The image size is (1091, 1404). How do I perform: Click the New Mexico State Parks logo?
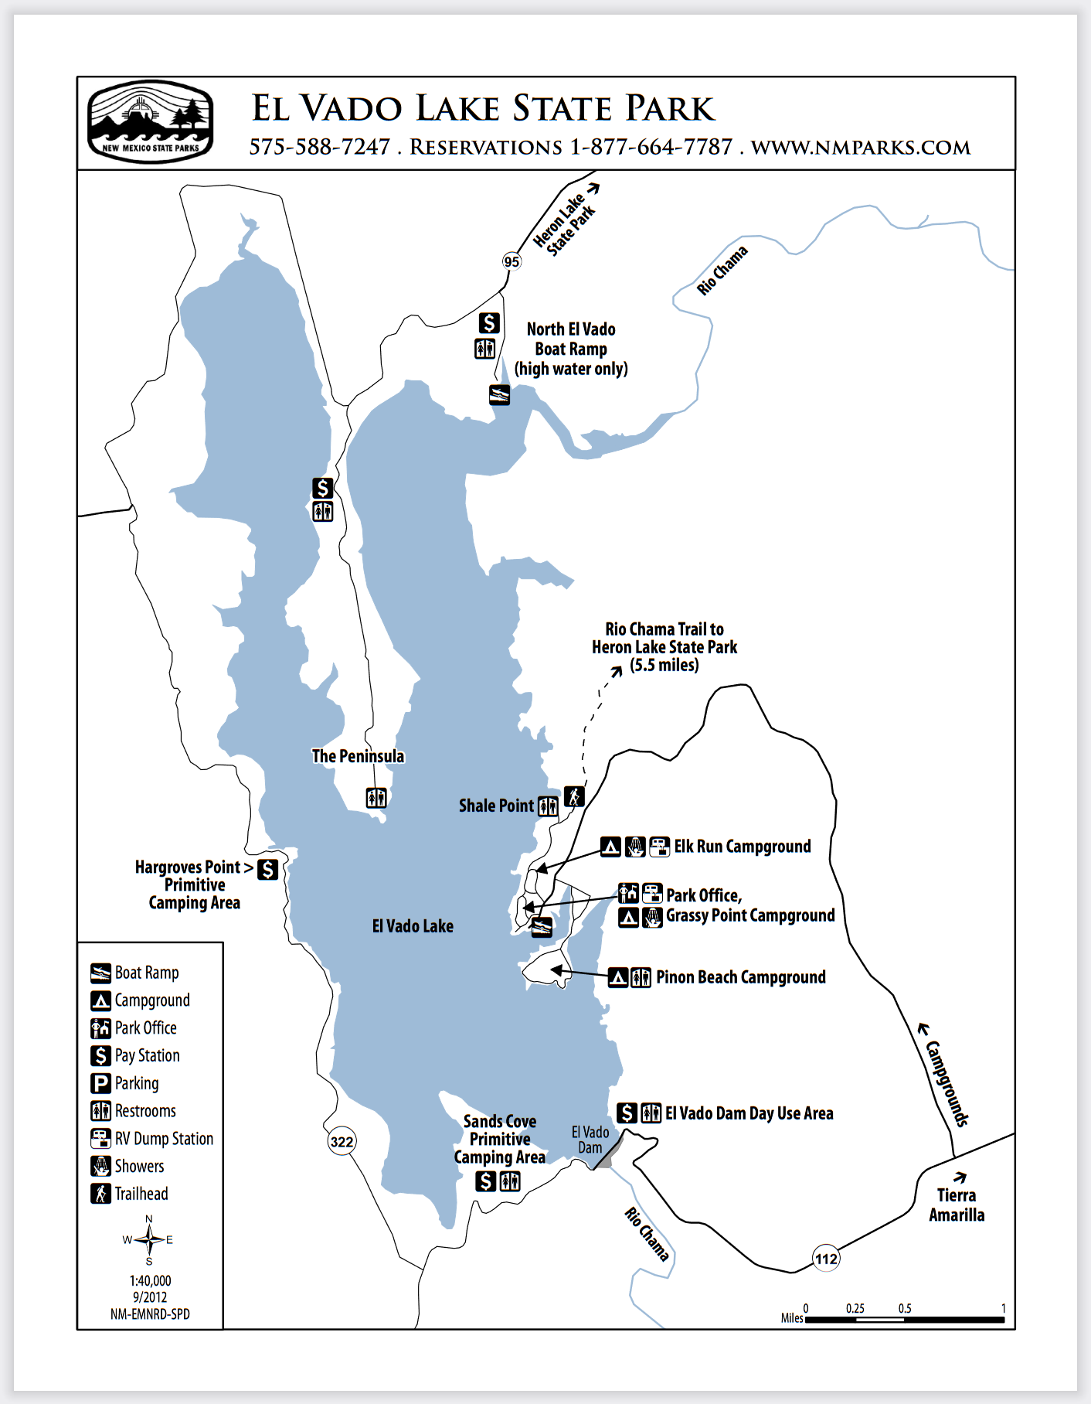click(x=150, y=122)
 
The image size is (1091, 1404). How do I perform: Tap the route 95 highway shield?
click(x=512, y=261)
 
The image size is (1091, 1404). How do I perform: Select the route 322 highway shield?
click(x=342, y=1141)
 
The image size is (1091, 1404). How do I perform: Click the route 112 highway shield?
click(x=826, y=1259)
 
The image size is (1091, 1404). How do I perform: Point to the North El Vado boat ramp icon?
click(x=500, y=395)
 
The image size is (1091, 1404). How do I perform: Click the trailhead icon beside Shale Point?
click(x=574, y=796)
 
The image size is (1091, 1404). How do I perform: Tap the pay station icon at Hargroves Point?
click(x=267, y=869)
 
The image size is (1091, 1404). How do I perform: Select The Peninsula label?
click(x=358, y=756)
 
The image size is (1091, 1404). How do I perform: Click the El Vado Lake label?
click(x=413, y=926)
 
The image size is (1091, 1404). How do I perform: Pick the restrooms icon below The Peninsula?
click(x=376, y=797)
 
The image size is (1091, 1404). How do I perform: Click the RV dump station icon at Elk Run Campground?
click(x=659, y=847)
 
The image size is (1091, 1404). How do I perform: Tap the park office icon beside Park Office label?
click(x=628, y=894)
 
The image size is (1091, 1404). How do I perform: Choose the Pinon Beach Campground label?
click(x=740, y=977)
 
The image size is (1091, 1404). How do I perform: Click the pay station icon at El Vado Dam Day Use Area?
click(x=627, y=1113)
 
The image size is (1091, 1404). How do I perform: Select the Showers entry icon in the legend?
click(x=100, y=1166)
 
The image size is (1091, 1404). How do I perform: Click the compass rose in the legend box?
click(x=149, y=1240)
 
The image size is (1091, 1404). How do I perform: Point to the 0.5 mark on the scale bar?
click(x=905, y=1319)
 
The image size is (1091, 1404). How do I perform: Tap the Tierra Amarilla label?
click(x=957, y=1205)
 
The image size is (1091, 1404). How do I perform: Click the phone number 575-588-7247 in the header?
click(x=319, y=147)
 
